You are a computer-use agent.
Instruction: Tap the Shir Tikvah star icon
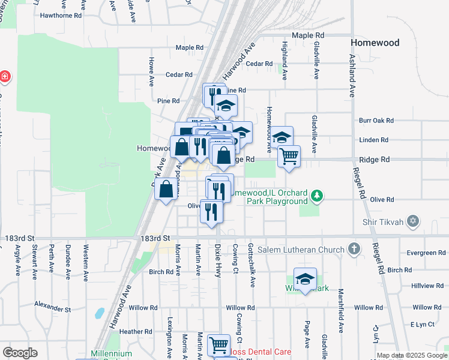pos(412,221)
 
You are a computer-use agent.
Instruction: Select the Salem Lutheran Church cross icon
pos(355,248)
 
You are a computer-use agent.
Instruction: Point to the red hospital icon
pos(4,77)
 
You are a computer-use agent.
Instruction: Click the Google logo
pos(20,352)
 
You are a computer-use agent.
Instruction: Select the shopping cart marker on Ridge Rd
pos(289,157)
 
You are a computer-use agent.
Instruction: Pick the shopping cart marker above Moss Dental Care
pos(218,345)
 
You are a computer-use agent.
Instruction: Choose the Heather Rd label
pos(136,331)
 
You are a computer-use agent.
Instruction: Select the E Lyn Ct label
pos(423,325)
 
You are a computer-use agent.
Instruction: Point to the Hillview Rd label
pos(428,286)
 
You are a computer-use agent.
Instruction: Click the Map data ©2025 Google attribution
pos(412,356)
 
